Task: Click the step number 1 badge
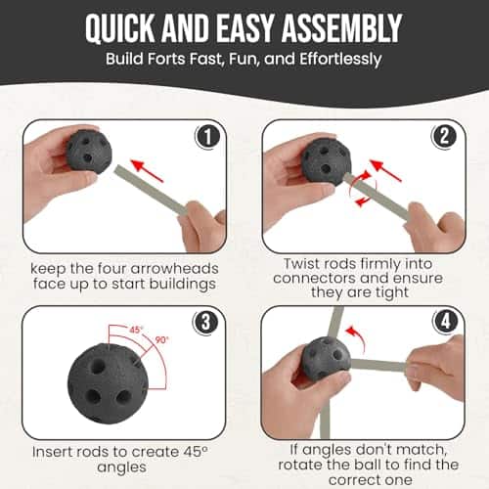tap(207, 137)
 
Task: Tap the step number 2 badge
tap(444, 136)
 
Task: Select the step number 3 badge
tap(205, 323)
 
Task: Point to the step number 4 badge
tap(445, 322)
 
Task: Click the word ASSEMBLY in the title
tap(341, 28)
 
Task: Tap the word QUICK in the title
tap(119, 29)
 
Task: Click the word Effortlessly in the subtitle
tap(340, 60)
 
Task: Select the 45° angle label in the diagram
tap(136, 330)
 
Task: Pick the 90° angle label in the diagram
tap(161, 340)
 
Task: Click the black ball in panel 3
tap(108, 383)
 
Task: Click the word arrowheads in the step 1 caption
tap(174, 269)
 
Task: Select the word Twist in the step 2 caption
tap(300, 264)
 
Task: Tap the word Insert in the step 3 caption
tap(52, 452)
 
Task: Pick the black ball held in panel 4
tap(326, 358)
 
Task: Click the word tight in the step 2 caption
tap(392, 292)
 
